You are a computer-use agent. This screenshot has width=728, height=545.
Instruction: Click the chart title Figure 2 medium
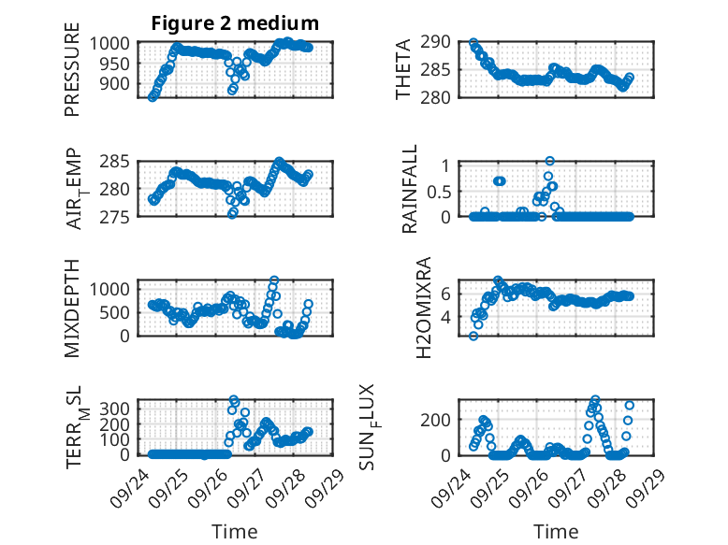click(235, 22)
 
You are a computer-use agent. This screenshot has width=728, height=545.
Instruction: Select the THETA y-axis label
click(403, 70)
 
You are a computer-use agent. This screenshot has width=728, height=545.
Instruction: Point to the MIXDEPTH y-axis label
click(72, 308)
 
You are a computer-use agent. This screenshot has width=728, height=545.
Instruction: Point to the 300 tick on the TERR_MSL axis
click(123, 408)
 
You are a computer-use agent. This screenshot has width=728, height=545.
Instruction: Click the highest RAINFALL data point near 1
click(550, 161)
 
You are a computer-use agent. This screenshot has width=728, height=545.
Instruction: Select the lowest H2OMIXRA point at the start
click(473, 336)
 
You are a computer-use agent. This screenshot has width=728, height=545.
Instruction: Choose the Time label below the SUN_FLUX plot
click(556, 532)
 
